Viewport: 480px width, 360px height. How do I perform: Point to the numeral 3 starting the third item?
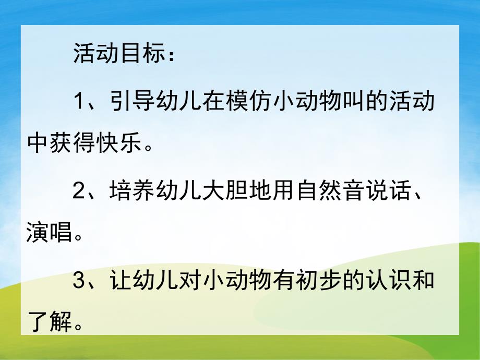point(79,282)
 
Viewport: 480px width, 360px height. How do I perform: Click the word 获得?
point(73,143)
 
